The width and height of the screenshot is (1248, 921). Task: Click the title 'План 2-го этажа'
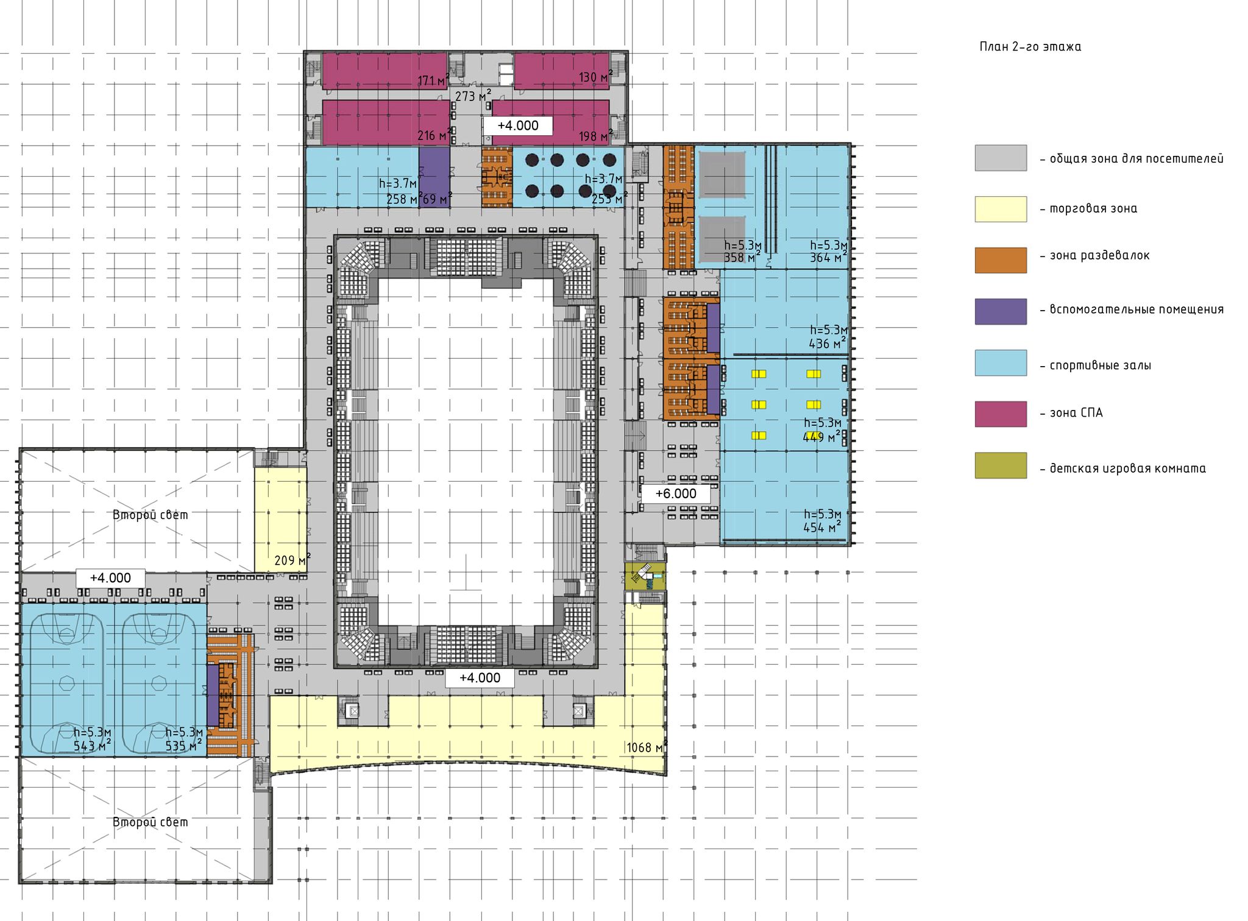(1030, 47)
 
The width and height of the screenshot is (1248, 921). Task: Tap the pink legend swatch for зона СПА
(1001, 414)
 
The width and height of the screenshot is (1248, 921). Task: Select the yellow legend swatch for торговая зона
(1001, 209)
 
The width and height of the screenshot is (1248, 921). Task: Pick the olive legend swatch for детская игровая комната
(1001, 465)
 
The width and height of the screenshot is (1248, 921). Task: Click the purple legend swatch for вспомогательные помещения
(1001, 311)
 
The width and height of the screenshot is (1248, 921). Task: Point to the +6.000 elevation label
(676, 493)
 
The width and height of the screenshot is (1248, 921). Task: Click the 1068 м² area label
(647, 747)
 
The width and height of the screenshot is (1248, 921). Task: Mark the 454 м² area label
(822, 527)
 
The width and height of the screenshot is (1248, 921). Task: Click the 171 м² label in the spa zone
(433, 80)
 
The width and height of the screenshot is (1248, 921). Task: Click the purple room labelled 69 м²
(434, 177)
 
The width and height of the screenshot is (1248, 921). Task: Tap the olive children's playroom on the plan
(645, 576)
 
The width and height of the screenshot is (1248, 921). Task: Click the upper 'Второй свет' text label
(151, 515)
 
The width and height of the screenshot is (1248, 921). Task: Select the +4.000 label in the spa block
(518, 126)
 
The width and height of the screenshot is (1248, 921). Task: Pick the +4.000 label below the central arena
(480, 678)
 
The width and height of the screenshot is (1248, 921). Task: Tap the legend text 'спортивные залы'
(1101, 366)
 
